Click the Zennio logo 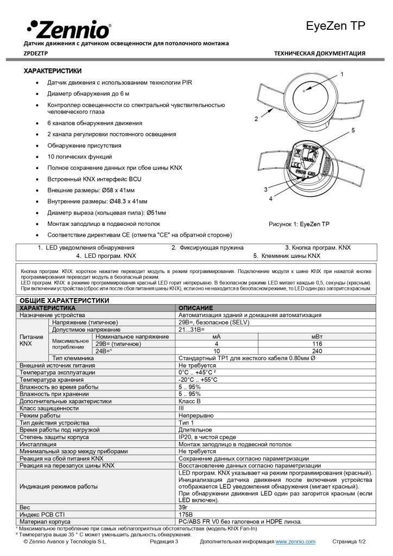pyautogui.click(x=68, y=28)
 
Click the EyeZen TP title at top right pyautogui.click(x=335, y=26)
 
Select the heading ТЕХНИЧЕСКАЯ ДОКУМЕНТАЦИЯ pyautogui.click(x=319, y=53)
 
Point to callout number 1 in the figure pyautogui.click(x=342, y=73)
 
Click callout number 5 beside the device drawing pyautogui.click(x=353, y=131)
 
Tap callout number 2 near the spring pyautogui.click(x=256, y=118)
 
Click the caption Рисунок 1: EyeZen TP pyautogui.click(x=299, y=224)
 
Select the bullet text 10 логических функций pyautogui.click(x=83, y=156)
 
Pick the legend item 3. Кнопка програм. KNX pyautogui.click(x=318, y=248)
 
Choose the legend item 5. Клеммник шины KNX pyautogui.click(x=287, y=255)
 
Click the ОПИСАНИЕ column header pyautogui.click(x=195, y=308)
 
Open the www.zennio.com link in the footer pyautogui.click(x=295, y=542)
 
